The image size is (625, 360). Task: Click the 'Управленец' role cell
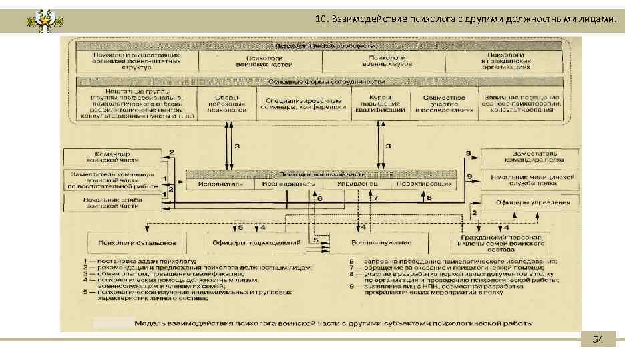[x=357, y=183]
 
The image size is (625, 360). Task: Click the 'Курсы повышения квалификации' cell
[x=381, y=105]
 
